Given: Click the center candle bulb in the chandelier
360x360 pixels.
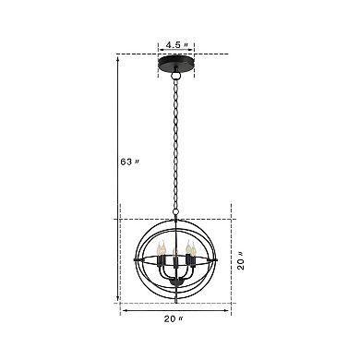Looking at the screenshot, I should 174,250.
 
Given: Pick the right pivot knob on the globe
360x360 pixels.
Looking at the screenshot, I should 218,259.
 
